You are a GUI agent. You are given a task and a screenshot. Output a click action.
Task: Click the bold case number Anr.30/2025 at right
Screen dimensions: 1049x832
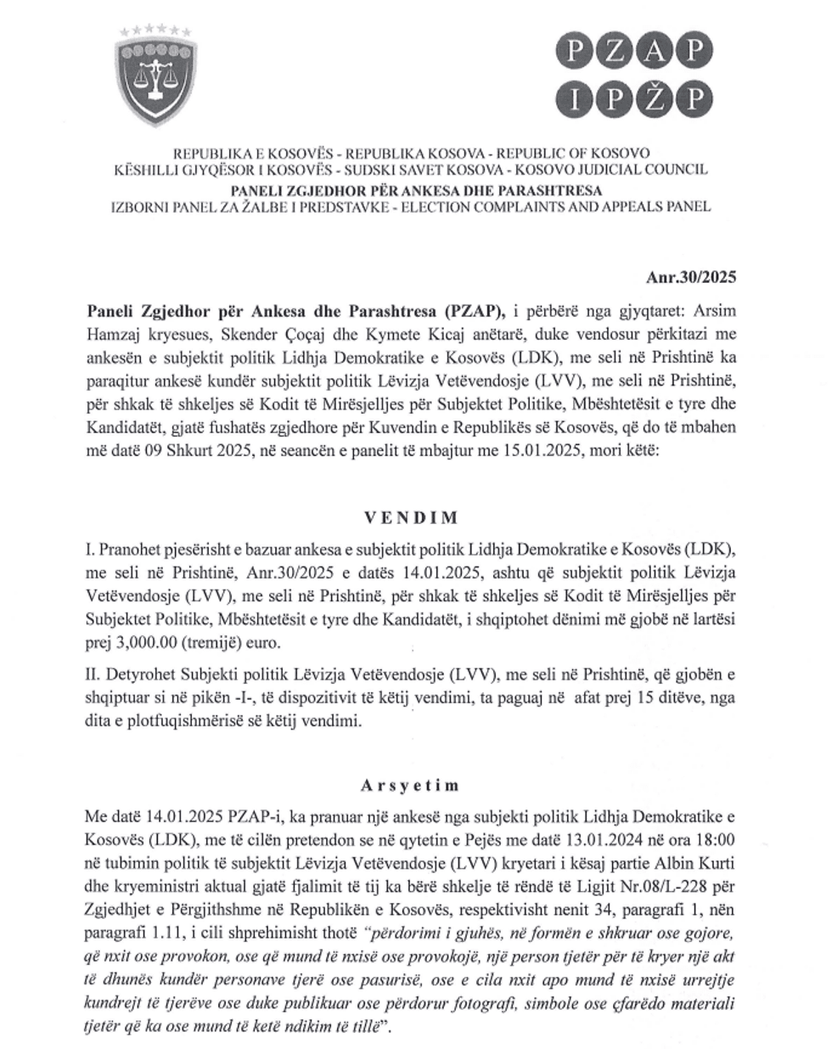coord(691,277)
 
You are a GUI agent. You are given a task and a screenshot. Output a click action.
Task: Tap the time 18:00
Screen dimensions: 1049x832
coord(714,840)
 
